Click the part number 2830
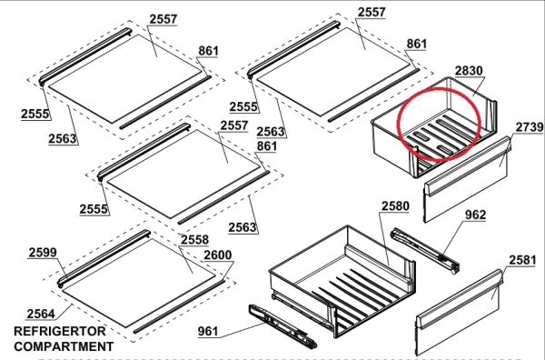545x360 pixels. [469, 71]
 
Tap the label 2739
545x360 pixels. [529, 127]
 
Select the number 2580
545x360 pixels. [395, 206]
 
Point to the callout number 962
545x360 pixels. [475, 215]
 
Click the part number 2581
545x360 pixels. [522, 260]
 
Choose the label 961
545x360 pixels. [208, 331]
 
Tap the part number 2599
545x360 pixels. [43, 253]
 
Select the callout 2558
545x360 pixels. [194, 240]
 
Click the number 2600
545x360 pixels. [218, 255]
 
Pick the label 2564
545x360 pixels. [41, 314]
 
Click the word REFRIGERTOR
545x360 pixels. [60, 331]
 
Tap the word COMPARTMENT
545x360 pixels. [64, 346]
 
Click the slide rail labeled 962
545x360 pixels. [425, 250]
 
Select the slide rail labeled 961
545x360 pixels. [282, 326]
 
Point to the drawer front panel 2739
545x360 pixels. [467, 179]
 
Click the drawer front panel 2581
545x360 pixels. [459, 313]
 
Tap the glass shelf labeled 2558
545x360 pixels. [138, 283]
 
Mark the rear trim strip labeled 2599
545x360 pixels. [104, 258]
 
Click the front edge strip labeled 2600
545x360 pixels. [179, 306]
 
